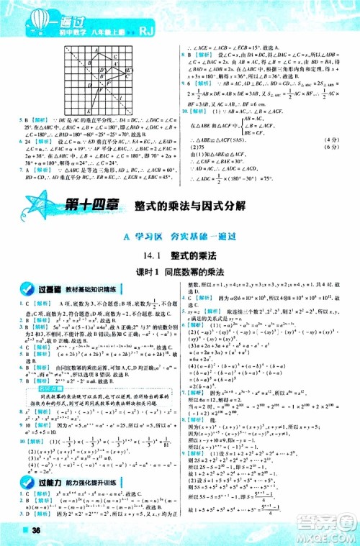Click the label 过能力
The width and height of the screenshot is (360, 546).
(50, 473)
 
